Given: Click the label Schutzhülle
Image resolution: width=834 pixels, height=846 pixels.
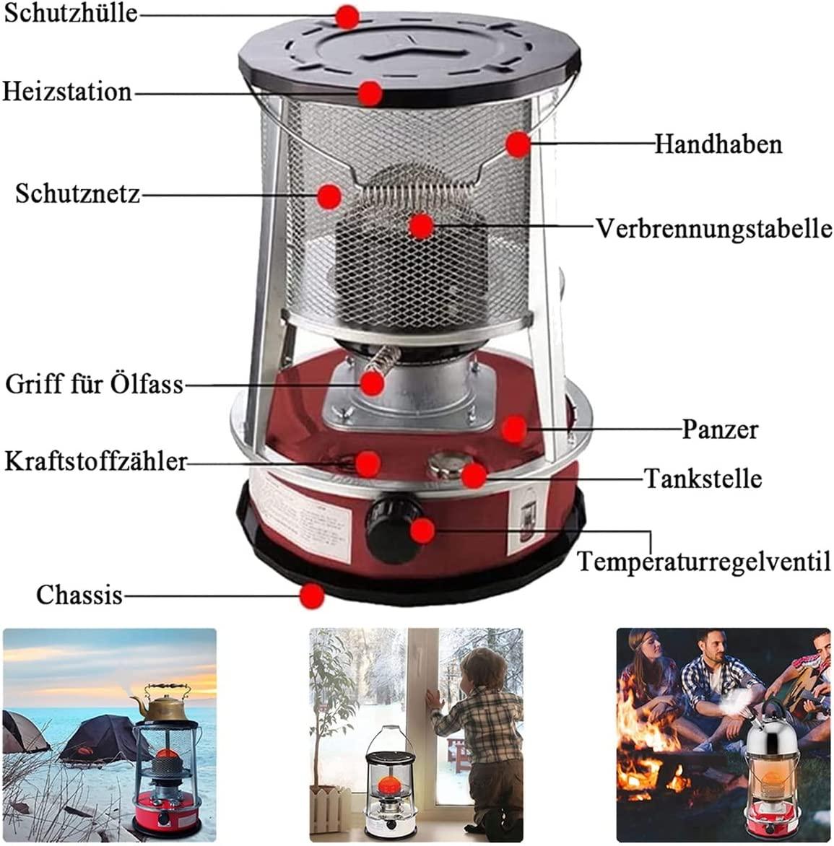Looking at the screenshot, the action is click(71, 13).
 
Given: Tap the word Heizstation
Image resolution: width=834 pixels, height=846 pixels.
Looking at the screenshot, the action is click(67, 91).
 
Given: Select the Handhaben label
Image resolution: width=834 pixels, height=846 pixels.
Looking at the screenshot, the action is click(718, 144).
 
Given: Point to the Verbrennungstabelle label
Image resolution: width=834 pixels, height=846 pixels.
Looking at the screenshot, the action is click(713, 229).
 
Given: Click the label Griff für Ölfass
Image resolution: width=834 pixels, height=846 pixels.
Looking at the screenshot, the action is click(95, 385).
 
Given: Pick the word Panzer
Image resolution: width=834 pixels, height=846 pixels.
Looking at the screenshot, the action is click(720, 429).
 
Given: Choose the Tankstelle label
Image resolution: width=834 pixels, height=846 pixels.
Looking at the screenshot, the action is click(703, 478).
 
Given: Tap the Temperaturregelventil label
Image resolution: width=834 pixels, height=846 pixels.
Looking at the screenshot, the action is click(704, 562).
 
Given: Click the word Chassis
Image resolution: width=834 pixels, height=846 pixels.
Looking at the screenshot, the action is click(79, 595).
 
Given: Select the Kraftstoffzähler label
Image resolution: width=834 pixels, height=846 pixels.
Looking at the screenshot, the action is click(95, 462).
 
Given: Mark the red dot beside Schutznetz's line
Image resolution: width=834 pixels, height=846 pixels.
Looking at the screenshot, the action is click(329, 196).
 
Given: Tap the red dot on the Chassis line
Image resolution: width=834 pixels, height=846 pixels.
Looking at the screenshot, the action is click(311, 596).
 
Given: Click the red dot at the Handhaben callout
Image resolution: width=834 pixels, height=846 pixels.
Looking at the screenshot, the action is click(518, 144).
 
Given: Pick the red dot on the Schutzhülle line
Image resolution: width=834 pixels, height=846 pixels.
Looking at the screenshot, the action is click(347, 17).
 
